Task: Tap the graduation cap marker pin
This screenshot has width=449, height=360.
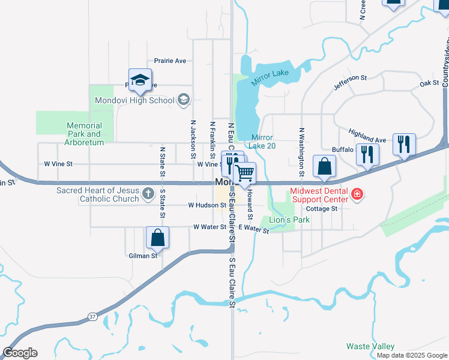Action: (140, 80)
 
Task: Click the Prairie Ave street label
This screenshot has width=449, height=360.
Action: (170, 61)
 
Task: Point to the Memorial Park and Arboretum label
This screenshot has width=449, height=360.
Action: (85, 134)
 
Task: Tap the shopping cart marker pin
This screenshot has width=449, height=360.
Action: (244, 174)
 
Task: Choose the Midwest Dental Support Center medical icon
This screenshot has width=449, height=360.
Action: (357, 194)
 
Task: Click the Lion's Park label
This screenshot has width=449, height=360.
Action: (290, 220)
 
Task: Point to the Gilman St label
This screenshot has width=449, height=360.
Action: (142, 255)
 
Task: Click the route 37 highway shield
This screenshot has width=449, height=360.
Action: (91, 316)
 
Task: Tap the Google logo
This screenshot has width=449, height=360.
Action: (20, 353)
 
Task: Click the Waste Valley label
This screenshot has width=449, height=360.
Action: (370, 346)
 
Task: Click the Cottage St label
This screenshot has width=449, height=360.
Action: (322, 209)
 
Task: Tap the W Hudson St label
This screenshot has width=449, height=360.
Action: (206, 205)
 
